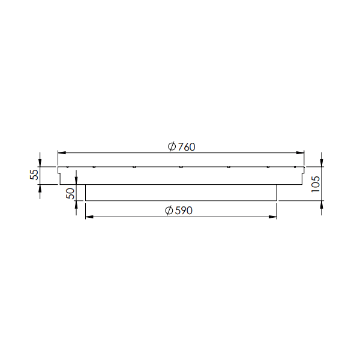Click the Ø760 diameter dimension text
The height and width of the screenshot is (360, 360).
pyautogui.click(x=181, y=147)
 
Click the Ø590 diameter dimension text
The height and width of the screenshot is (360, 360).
pyautogui.click(x=179, y=211)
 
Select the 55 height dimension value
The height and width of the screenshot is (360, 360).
pyautogui.click(x=34, y=175)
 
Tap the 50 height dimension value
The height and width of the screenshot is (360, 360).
pyautogui.click(x=70, y=194)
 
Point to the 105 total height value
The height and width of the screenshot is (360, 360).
pyautogui.click(x=316, y=184)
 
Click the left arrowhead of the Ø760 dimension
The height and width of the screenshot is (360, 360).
pyautogui.click(x=62, y=152)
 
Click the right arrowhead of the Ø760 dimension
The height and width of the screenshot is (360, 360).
pyautogui.click(x=300, y=152)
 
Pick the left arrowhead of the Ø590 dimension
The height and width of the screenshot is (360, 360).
pyautogui.click(x=89, y=217)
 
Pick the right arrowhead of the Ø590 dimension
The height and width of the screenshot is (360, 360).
pyautogui.click(x=272, y=217)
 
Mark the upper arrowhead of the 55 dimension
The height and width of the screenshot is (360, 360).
pyautogui.click(x=40, y=163)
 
